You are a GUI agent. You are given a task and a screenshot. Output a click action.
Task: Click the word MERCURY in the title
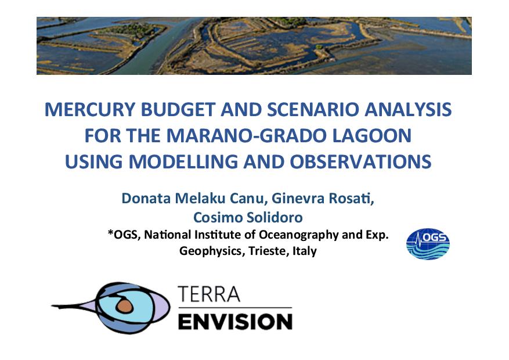click(89, 109)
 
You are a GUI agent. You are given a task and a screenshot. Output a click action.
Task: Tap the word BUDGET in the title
click(178, 109)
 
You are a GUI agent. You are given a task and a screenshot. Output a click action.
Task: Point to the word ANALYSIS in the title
click(408, 109)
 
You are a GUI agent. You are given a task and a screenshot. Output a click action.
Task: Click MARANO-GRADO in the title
click(247, 135)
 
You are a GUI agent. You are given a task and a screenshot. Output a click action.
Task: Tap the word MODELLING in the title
click(183, 161)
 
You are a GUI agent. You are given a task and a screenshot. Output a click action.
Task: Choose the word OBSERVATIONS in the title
click(360, 161)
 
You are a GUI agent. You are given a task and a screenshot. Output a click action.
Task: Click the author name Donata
click(146, 198)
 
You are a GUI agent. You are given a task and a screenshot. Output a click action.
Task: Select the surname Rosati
click(352, 198)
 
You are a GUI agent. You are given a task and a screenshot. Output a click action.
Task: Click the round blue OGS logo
click(428, 244)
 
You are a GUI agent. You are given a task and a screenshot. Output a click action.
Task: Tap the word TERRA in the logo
click(209, 294)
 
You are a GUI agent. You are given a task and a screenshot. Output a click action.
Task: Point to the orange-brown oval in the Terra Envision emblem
click(125, 306)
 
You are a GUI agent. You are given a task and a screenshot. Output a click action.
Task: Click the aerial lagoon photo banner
click(254, 46)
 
